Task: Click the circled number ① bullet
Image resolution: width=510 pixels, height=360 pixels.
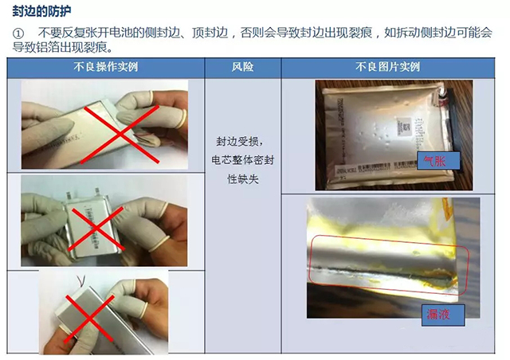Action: tap(20, 33)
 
